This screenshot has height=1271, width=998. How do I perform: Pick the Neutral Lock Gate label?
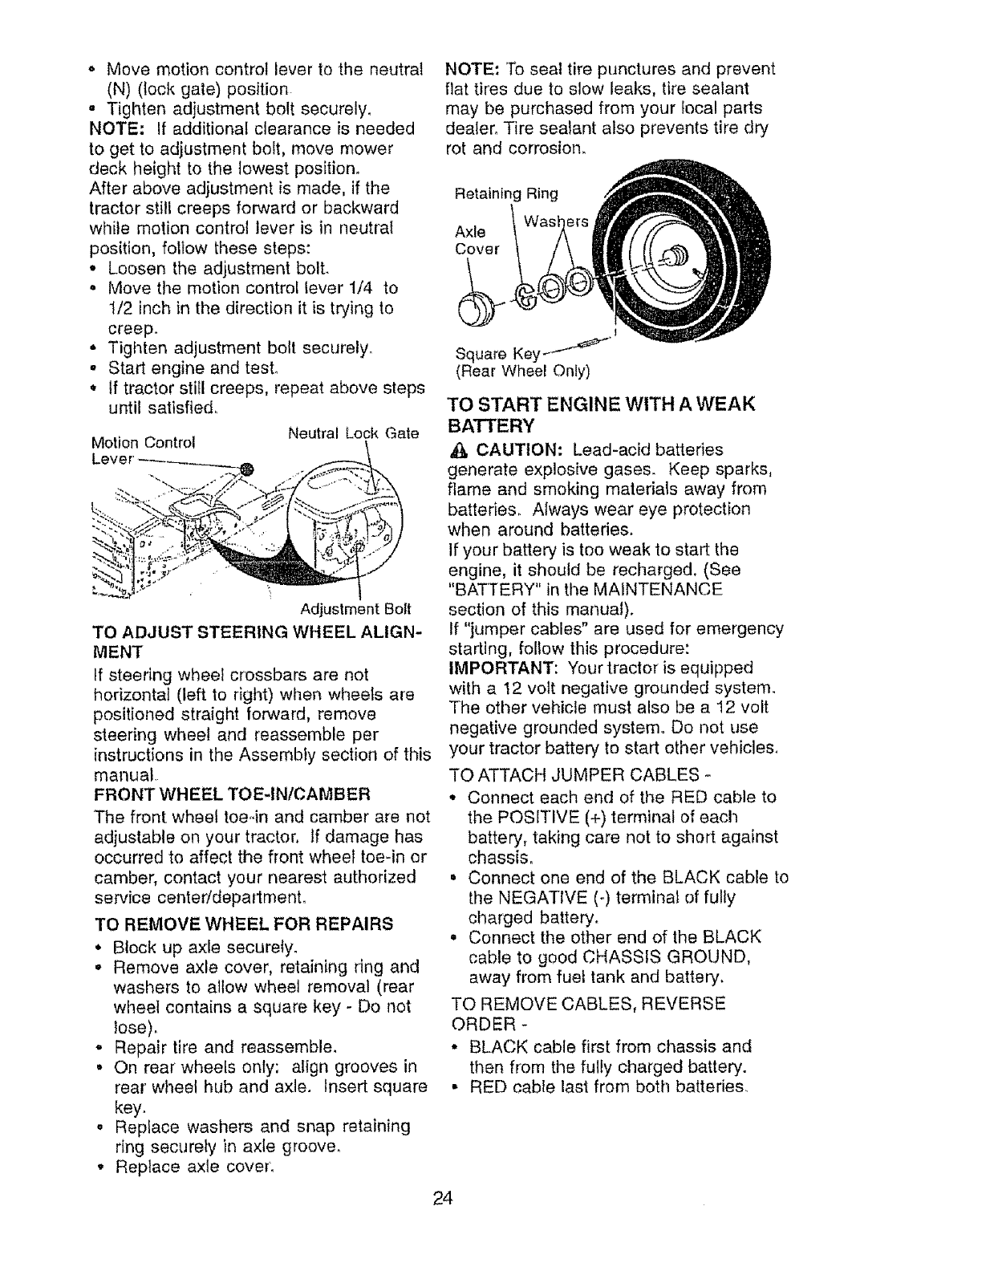[354, 434]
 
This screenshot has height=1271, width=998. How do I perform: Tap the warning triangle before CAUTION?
[456, 449]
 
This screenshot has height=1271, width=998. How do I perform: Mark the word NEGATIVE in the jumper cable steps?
[522, 897]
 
